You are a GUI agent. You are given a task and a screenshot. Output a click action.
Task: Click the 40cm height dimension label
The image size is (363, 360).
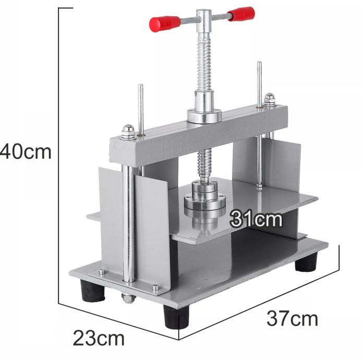pyautogui.click(x=26, y=152)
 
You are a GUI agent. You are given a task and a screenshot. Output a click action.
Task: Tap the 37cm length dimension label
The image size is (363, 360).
pyautogui.click(x=292, y=319)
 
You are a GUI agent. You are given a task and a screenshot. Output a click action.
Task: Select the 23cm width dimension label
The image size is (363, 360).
pyautogui.click(x=99, y=339)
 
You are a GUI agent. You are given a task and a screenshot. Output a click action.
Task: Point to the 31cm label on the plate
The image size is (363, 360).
pyautogui.click(x=256, y=219)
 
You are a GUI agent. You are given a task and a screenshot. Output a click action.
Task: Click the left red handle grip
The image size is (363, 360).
pyautogui.click(x=165, y=23)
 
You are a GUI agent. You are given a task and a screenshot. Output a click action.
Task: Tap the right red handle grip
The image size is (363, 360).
pyautogui.click(x=241, y=14)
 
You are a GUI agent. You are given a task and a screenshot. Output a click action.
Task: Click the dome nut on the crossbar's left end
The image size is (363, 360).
pyautogui.click(x=128, y=133)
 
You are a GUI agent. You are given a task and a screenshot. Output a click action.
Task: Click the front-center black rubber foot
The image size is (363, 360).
pyautogui.click(x=176, y=316)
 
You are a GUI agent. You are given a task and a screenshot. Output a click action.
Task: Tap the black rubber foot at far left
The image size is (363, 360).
pyautogui.click(x=92, y=291)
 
